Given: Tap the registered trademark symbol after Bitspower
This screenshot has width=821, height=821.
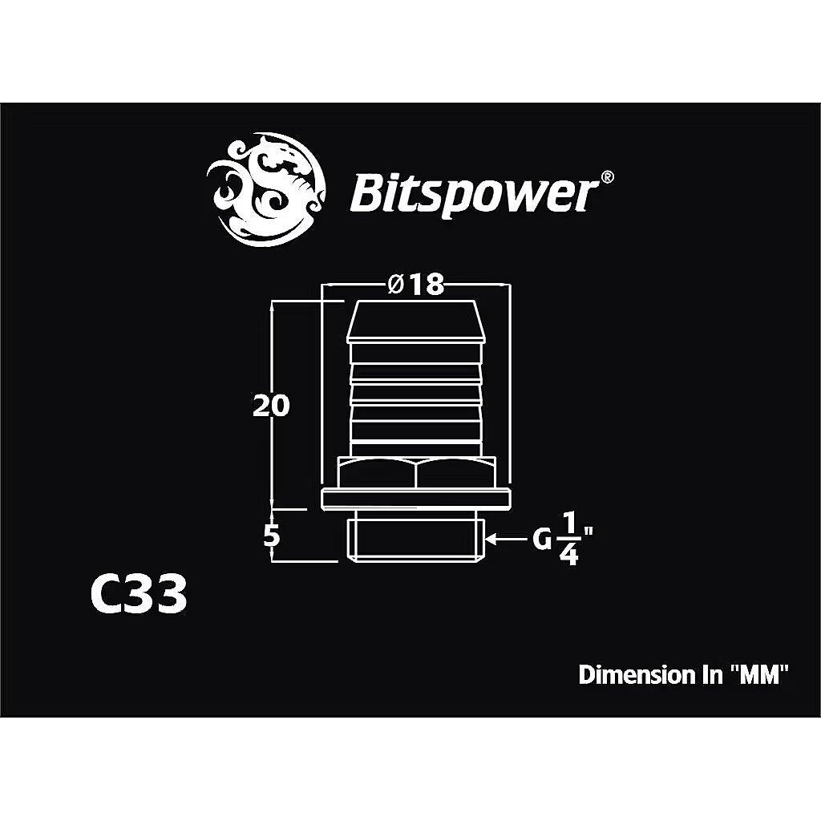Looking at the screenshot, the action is pyautogui.click(x=606, y=177).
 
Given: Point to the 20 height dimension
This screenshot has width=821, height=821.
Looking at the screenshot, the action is pyautogui.click(x=271, y=405).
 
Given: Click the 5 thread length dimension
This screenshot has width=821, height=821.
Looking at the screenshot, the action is pyautogui.click(x=271, y=536).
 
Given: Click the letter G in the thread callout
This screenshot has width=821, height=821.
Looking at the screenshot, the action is pyautogui.click(x=542, y=539).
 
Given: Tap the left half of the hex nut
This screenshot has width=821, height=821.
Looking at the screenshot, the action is pyautogui.click(x=377, y=473).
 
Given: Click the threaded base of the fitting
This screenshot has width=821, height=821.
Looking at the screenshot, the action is pyautogui.click(x=415, y=537).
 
